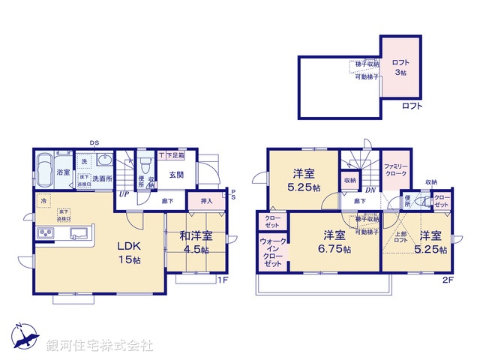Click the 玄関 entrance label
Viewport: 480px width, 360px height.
[176, 175]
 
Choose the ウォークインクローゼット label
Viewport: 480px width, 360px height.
[271, 252]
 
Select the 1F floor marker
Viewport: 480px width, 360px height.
[222, 280]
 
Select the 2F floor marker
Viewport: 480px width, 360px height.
[448, 280]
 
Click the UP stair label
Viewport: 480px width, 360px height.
[122, 194]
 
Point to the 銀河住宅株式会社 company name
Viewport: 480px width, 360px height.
[99, 346]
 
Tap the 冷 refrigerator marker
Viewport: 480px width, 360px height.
[44, 202]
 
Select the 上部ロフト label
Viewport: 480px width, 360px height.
[400, 237]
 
